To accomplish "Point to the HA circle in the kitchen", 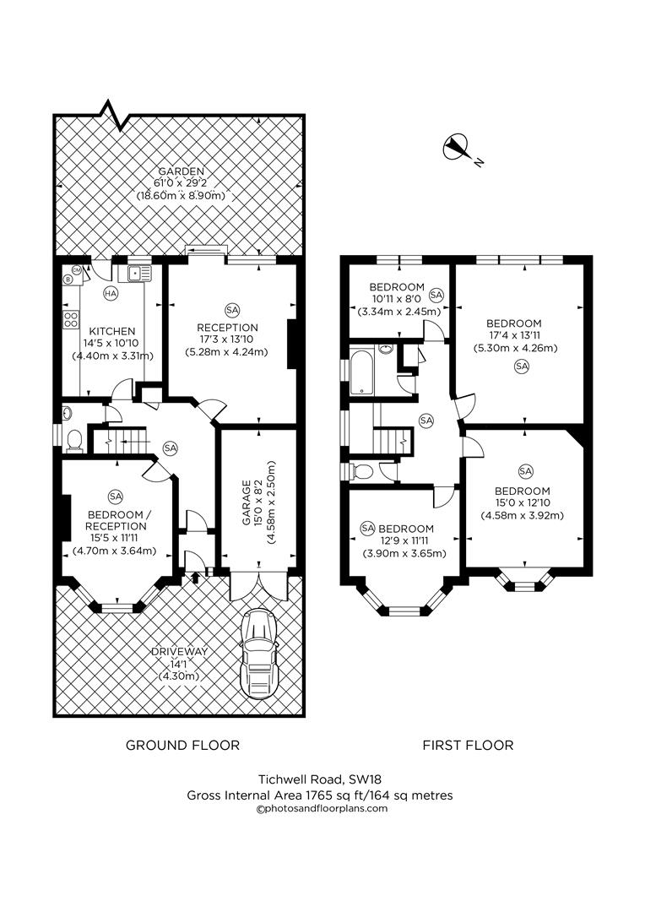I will pos(110,294).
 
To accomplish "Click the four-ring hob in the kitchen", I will pos(68,319).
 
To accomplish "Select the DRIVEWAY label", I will pos(179,651).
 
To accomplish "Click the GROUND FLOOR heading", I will pos(182,745).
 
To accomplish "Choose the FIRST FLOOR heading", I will pos(468,745).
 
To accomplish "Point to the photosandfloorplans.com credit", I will pos(321,808).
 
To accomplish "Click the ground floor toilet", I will pos(73,440).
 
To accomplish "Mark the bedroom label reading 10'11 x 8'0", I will pos(394,299).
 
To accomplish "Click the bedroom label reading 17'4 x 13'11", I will pos(513,335).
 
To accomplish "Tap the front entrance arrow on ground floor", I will pos(196,577).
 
